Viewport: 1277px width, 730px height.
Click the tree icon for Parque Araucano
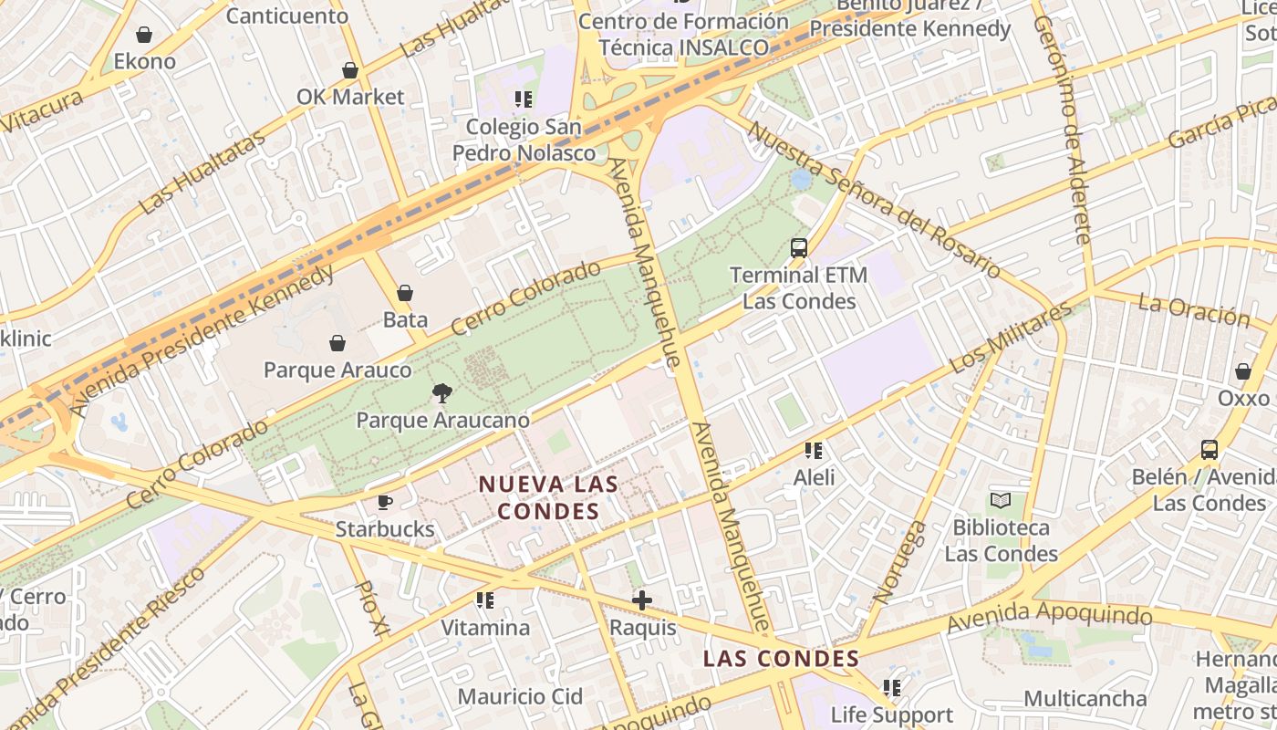coord(442,393)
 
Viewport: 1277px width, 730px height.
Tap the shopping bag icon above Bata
coord(405,293)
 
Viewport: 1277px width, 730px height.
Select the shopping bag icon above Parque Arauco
coord(337,343)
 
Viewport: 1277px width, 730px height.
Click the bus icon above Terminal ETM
coord(799,247)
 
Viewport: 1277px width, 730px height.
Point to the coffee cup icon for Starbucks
coord(385,502)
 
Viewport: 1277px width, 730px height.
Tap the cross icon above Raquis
coord(642,600)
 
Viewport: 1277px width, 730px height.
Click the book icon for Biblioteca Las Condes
coord(1001,500)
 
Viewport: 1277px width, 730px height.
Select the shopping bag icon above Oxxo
coord(1242,371)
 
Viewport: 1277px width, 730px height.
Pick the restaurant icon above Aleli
coord(814,450)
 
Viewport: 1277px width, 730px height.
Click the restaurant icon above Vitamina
coord(485,600)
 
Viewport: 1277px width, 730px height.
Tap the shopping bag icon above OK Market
coord(350,70)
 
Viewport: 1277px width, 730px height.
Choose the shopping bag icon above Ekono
coord(144,36)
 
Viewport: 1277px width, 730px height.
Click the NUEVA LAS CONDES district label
coord(548,497)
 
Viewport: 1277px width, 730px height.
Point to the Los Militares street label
coord(1011,338)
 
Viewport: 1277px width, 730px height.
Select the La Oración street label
coord(1194,309)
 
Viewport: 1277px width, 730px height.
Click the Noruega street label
coord(900,562)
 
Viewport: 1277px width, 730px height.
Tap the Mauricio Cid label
coord(520,697)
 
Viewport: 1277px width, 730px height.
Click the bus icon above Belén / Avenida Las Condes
coord(1210,450)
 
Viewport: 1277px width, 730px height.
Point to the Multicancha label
coord(1085,699)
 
